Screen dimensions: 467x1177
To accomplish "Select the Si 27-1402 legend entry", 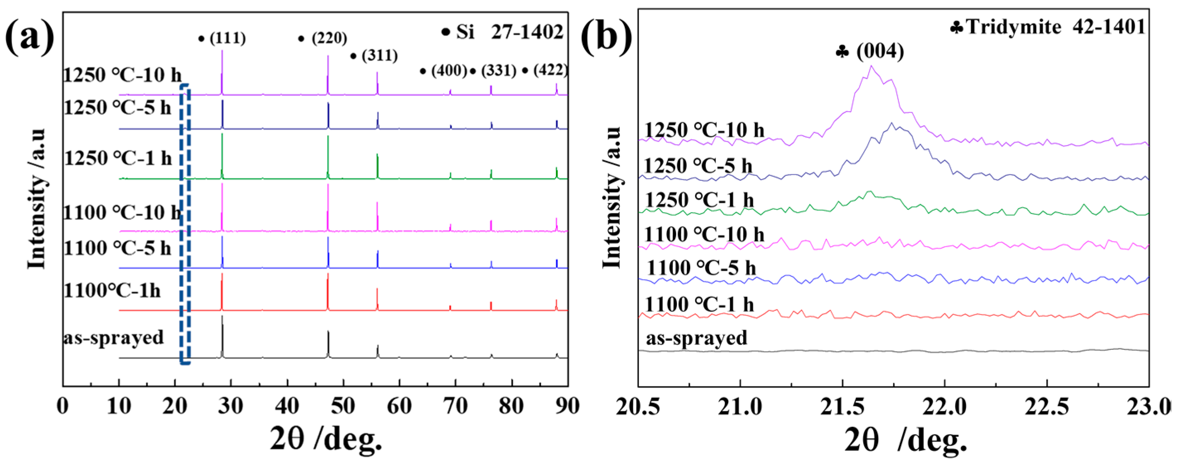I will [503, 32].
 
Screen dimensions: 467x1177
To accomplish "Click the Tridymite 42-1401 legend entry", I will [1049, 27].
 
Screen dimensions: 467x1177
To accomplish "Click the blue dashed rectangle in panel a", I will [185, 224].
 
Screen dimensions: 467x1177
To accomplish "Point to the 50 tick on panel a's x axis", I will [343, 406].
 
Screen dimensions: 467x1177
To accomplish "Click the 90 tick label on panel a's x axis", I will [567, 406].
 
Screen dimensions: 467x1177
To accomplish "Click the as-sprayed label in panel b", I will [696, 338].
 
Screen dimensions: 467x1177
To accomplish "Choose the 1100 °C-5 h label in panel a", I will [117, 248].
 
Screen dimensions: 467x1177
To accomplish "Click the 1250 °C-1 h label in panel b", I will [699, 200].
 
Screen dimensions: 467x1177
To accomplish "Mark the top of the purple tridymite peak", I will [871, 66].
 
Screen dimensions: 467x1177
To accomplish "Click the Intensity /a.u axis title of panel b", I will [612, 197].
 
